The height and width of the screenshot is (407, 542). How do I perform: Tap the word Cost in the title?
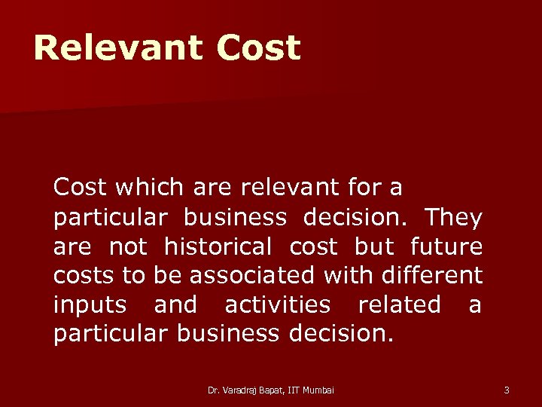(257, 48)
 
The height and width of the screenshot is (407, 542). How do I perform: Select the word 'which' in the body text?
(134, 187)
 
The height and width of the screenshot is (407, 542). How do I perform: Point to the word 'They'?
(453, 217)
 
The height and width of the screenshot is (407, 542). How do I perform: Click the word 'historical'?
(218, 246)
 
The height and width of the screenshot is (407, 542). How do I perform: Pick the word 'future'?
(446, 246)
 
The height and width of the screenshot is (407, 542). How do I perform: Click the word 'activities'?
(277, 304)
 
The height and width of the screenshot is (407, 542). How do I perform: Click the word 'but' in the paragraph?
(375, 246)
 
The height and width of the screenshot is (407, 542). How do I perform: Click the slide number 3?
(507, 390)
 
